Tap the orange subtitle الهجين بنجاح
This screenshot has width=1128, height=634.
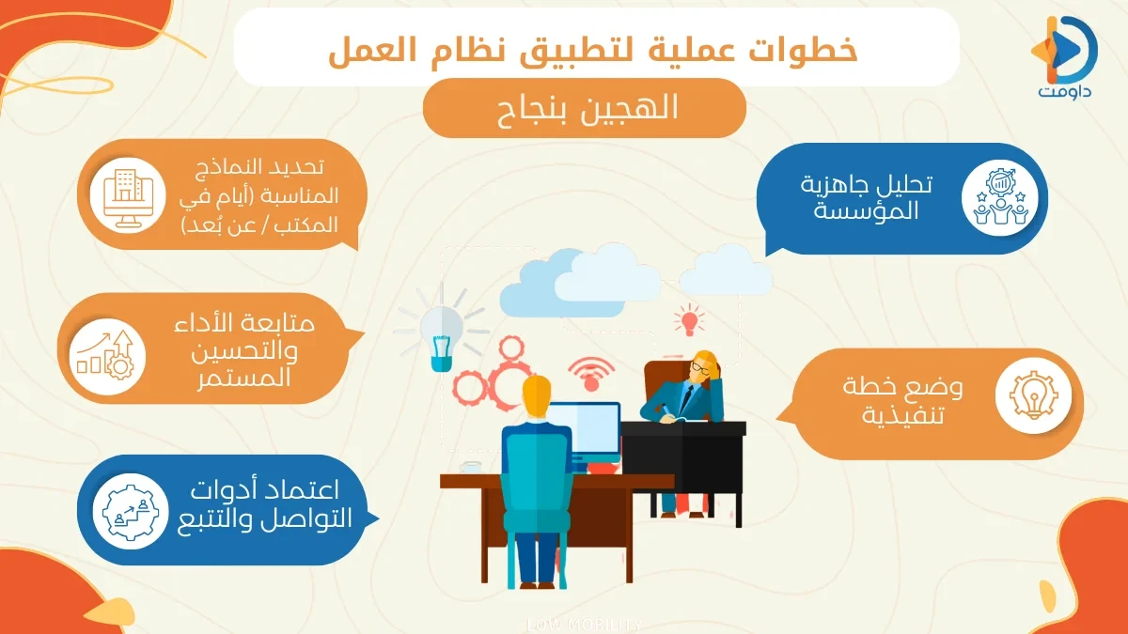click(584, 108)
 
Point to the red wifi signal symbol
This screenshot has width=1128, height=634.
click(591, 372)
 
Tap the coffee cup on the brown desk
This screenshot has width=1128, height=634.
click(470, 466)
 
